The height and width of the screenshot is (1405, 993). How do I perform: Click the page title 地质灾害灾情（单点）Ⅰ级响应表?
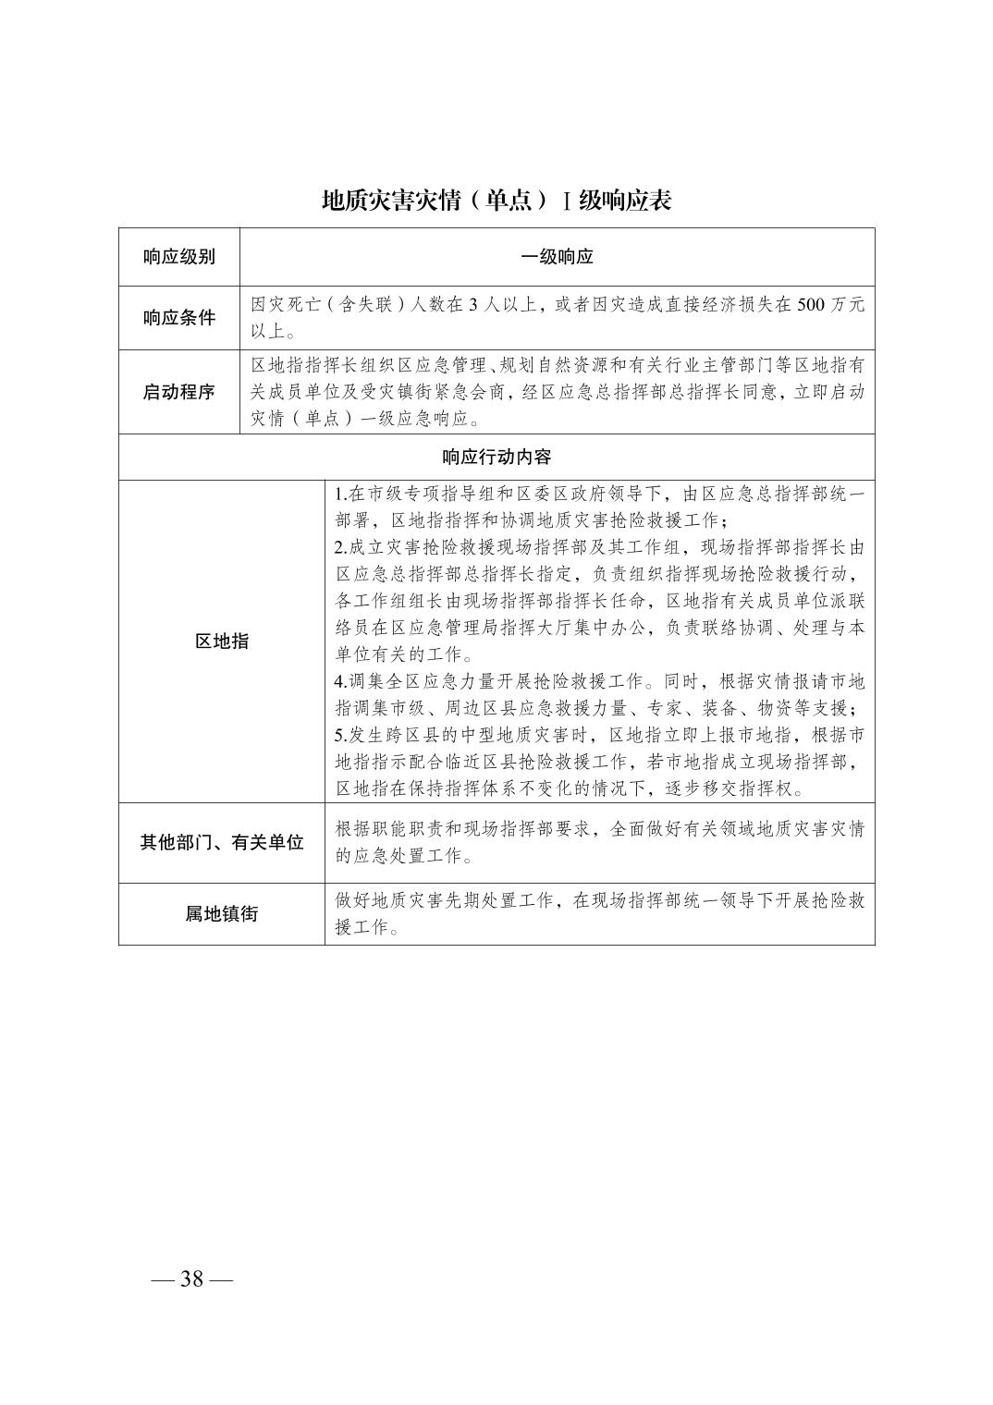click(x=496, y=201)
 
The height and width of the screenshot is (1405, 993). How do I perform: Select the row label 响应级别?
click(x=178, y=257)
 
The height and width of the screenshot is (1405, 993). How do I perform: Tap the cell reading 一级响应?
click(x=557, y=257)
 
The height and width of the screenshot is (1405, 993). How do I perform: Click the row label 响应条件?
click(x=178, y=318)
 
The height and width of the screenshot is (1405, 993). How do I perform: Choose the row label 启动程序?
click(x=178, y=392)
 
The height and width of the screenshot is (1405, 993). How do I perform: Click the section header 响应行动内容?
click(x=496, y=457)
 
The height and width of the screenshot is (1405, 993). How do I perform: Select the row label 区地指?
click(x=221, y=641)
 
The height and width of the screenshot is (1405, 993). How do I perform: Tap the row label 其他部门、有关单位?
click(x=221, y=843)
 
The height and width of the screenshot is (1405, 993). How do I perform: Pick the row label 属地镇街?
click(x=221, y=914)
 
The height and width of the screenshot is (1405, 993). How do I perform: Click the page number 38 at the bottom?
click(x=192, y=1279)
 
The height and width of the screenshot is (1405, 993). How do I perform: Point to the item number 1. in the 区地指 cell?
click(x=340, y=494)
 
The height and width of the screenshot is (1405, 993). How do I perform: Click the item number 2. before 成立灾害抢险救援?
click(x=340, y=547)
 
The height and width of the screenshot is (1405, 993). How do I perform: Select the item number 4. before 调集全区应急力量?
click(x=340, y=682)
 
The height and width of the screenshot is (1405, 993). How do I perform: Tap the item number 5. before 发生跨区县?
click(x=340, y=736)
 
